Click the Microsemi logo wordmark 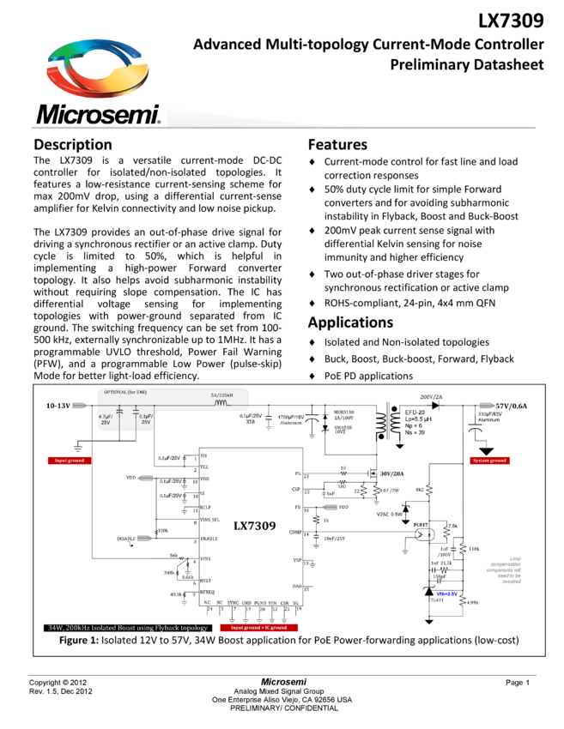[x=98, y=115]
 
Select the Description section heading [x=73, y=144]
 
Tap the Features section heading [x=337, y=144]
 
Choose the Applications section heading [x=350, y=322]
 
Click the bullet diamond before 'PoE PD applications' [x=313, y=376]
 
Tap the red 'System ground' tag [x=489, y=461]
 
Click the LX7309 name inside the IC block [x=254, y=525]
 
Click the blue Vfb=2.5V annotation [x=447, y=593]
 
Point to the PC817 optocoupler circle [x=420, y=533]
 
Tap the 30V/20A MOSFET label [x=392, y=473]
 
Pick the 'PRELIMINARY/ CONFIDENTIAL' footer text [x=283, y=708]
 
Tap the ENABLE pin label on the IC [x=209, y=539]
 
